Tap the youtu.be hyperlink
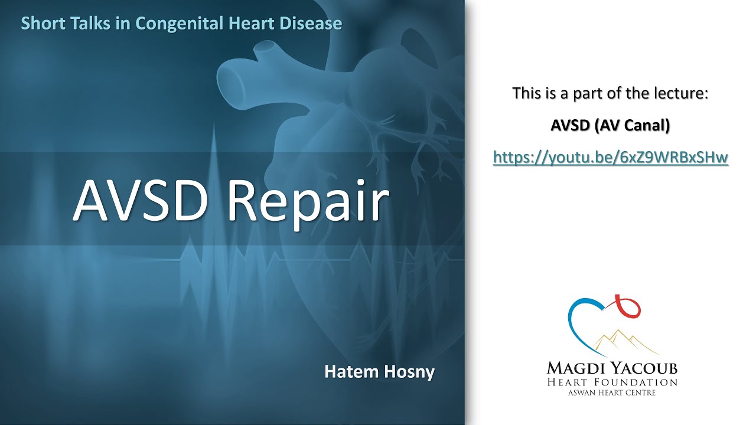610,157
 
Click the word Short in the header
40,24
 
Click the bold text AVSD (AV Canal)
610,126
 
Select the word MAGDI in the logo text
575,369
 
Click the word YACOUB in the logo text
644,369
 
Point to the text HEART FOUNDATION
611,382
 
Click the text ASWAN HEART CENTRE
611,393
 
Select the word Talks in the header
83,24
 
